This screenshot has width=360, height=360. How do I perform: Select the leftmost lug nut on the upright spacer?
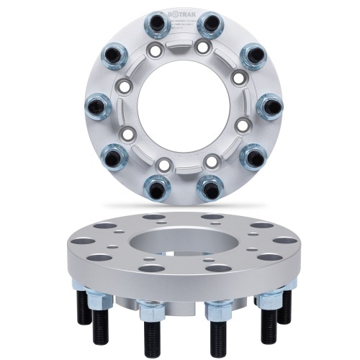click(x=96, y=106)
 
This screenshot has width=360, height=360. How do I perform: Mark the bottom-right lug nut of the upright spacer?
click(x=207, y=189)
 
